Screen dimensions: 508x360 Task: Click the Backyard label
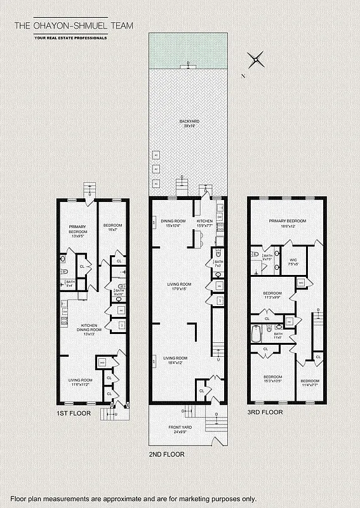click(x=189, y=123)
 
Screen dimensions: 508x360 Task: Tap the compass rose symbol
click(x=256, y=60)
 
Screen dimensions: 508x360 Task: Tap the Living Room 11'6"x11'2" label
click(x=81, y=383)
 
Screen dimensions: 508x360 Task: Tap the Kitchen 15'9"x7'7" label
click(x=204, y=224)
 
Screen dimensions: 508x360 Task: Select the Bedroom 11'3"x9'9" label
click(x=272, y=295)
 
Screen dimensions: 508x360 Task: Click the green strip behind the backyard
click(x=188, y=50)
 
